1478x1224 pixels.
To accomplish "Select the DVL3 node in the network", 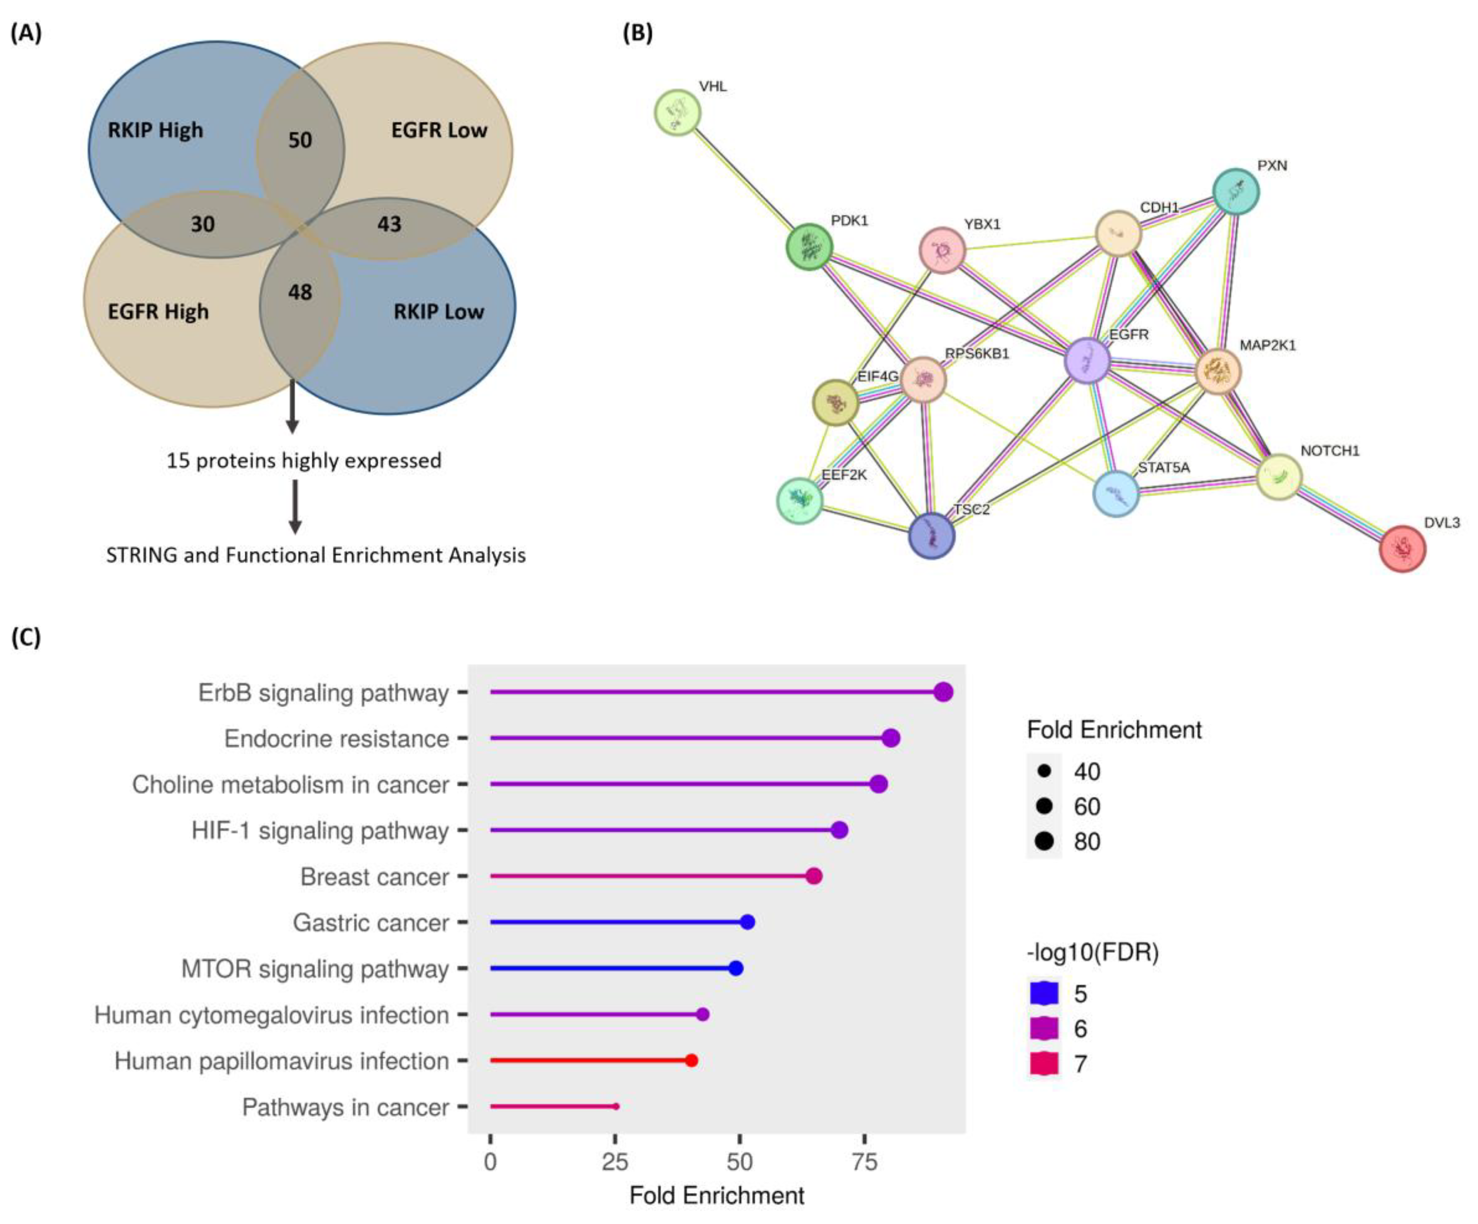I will click(1402, 549).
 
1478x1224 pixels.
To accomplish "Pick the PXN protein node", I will click(1236, 192).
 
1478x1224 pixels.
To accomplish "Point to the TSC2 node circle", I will click(931, 535).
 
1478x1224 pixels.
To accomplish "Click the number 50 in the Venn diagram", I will click(300, 140).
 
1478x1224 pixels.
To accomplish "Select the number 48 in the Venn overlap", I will click(300, 292).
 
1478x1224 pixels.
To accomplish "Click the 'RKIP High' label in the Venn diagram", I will click(156, 130).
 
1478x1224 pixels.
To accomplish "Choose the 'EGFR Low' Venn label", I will click(439, 130).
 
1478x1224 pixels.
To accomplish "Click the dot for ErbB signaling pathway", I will click(943, 692).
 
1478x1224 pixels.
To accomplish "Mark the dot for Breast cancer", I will click(814, 876).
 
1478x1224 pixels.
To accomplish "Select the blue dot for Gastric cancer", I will click(747, 922).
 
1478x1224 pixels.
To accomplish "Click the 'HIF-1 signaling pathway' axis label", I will click(320, 831).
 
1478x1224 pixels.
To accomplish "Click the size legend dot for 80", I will click(1044, 841).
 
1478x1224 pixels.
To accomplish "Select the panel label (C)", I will click(26, 637).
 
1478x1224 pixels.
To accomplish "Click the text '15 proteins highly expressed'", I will click(304, 461).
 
